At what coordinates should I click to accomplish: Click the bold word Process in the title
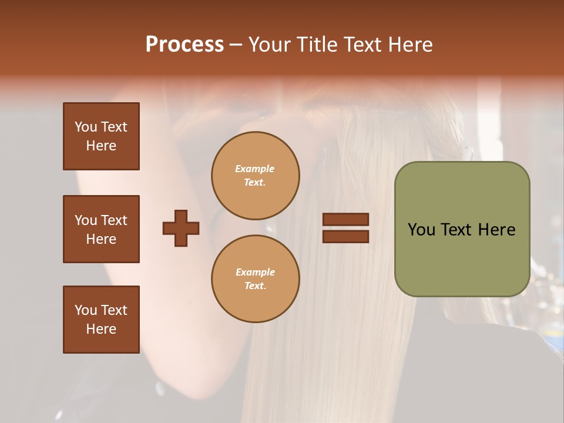(184, 44)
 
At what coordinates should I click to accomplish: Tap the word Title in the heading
(318, 44)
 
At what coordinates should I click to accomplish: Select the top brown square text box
(101, 136)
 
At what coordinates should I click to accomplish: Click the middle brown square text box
(101, 229)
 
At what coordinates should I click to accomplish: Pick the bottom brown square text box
(101, 320)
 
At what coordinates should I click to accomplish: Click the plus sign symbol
(181, 228)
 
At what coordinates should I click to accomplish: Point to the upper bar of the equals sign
(346, 219)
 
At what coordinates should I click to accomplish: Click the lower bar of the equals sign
(346, 236)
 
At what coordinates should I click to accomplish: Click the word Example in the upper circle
(255, 169)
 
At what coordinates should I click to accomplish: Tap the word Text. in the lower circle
(255, 286)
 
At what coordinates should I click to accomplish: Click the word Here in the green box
(496, 230)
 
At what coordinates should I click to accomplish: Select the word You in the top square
(85, 127)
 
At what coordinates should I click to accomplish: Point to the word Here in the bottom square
(101, 329)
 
